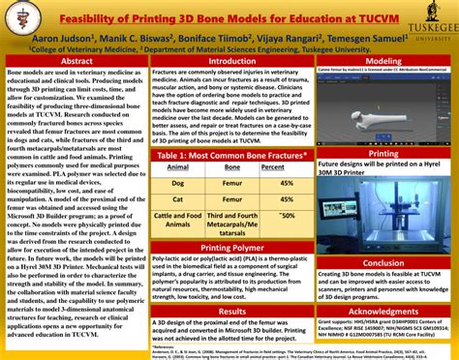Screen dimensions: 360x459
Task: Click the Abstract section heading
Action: pyautogui.click(x=76, y=60)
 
